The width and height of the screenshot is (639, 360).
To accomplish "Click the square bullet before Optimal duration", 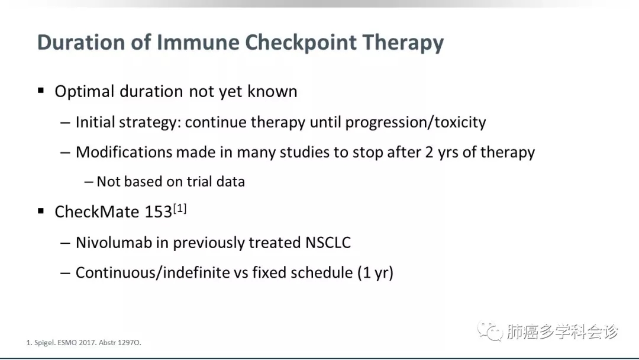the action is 41,90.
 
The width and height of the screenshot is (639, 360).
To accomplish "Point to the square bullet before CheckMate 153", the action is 41,211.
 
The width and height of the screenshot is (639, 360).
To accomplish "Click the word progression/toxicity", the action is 416,123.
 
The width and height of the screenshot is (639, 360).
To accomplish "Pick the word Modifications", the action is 124,152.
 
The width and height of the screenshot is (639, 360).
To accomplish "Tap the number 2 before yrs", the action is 429,153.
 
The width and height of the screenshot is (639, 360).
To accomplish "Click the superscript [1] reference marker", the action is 180,209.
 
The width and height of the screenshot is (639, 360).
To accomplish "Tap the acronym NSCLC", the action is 328,243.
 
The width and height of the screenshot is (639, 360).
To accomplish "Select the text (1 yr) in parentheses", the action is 375,273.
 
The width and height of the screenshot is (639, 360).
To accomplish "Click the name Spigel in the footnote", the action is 44,343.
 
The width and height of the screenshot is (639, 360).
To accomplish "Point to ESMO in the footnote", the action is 67,342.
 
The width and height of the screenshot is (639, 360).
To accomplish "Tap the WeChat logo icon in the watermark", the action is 490,330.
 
